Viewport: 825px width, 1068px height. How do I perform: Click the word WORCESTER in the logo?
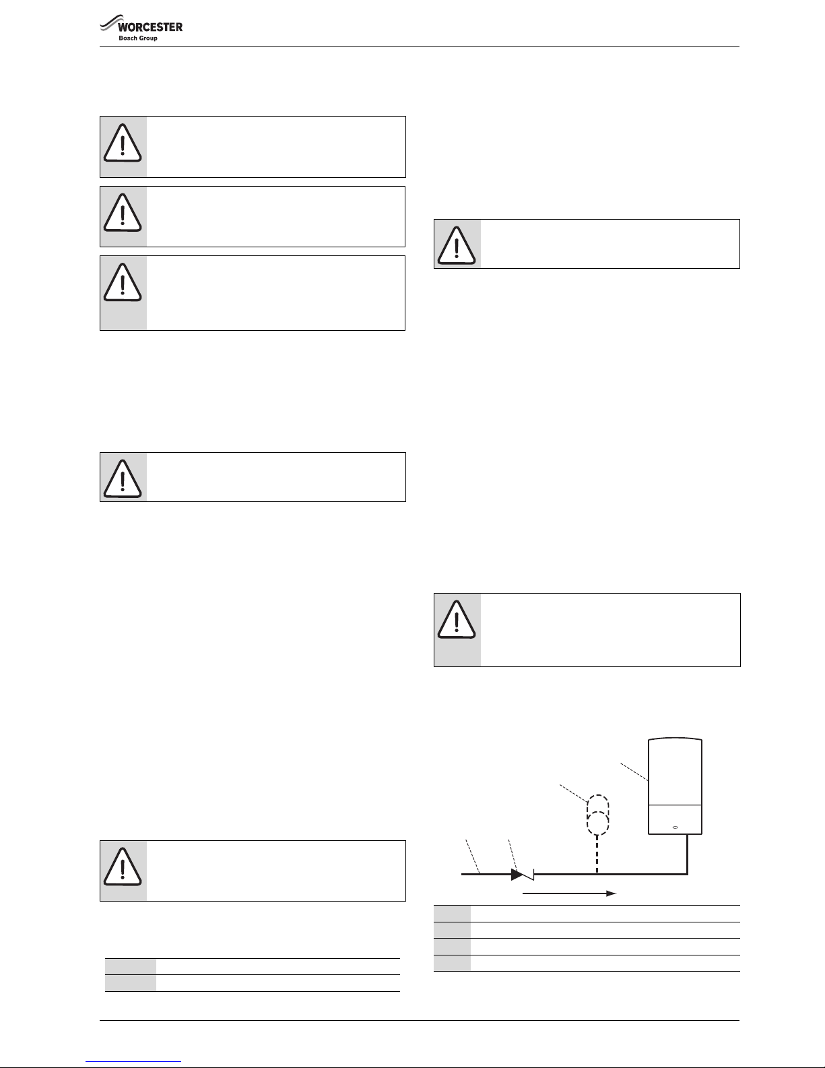point(150,27)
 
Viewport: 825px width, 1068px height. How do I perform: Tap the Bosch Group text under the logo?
point(138,38)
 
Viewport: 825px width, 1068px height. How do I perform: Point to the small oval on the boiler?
point(675,827)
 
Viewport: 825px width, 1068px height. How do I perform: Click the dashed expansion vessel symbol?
point(597,815)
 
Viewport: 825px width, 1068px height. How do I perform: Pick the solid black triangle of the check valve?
point(517,875)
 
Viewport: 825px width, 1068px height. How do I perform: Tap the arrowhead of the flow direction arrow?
point(612,893)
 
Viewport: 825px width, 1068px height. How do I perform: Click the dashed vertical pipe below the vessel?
point(597,854)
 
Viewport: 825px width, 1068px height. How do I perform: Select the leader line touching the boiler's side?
point(634,772)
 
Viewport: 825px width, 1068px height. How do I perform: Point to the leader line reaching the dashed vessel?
point(574,793)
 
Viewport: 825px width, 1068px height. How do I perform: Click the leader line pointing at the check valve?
point(513,854)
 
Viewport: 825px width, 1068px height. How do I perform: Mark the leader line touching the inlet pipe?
point(472,856)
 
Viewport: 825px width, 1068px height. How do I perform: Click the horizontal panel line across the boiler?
point(675,805)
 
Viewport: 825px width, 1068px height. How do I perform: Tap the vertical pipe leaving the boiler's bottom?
point(687,854)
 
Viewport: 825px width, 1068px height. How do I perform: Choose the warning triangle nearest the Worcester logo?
point(123,143)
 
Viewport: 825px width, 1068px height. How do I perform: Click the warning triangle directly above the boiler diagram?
point(457,619)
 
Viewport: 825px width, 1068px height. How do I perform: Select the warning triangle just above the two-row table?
point(123,867)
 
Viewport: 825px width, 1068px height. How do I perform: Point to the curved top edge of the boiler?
point(675,739)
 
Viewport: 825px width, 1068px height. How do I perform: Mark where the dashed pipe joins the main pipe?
point(597,875)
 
